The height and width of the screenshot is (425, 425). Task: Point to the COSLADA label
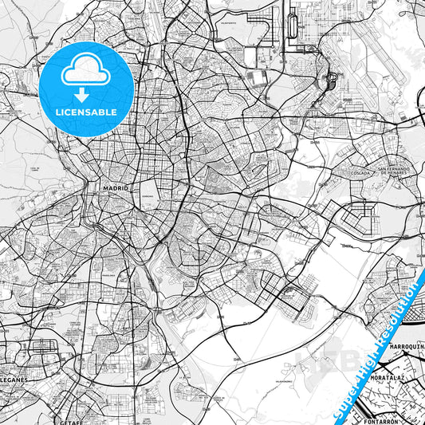tap(357, 171)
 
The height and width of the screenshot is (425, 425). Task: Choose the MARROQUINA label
tap(406, 347)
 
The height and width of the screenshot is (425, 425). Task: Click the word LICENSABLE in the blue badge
tap(86, 112)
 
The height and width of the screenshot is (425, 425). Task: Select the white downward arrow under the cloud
tap(86, 94)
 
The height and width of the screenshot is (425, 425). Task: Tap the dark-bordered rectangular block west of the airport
tap(258, 78)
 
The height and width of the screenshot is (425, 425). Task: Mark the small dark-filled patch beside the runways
tap(332, 80)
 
